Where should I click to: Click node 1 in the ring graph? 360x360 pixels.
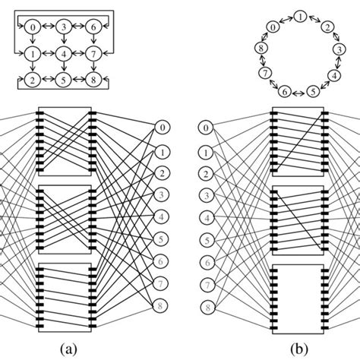pos(302,16)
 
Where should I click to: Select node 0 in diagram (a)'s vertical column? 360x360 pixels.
pos(161,128)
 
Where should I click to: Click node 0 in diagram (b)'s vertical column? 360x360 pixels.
pos(204,128)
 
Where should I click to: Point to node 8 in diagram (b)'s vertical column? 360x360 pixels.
pos(204,308)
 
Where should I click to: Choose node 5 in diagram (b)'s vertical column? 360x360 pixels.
pos(204,241)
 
